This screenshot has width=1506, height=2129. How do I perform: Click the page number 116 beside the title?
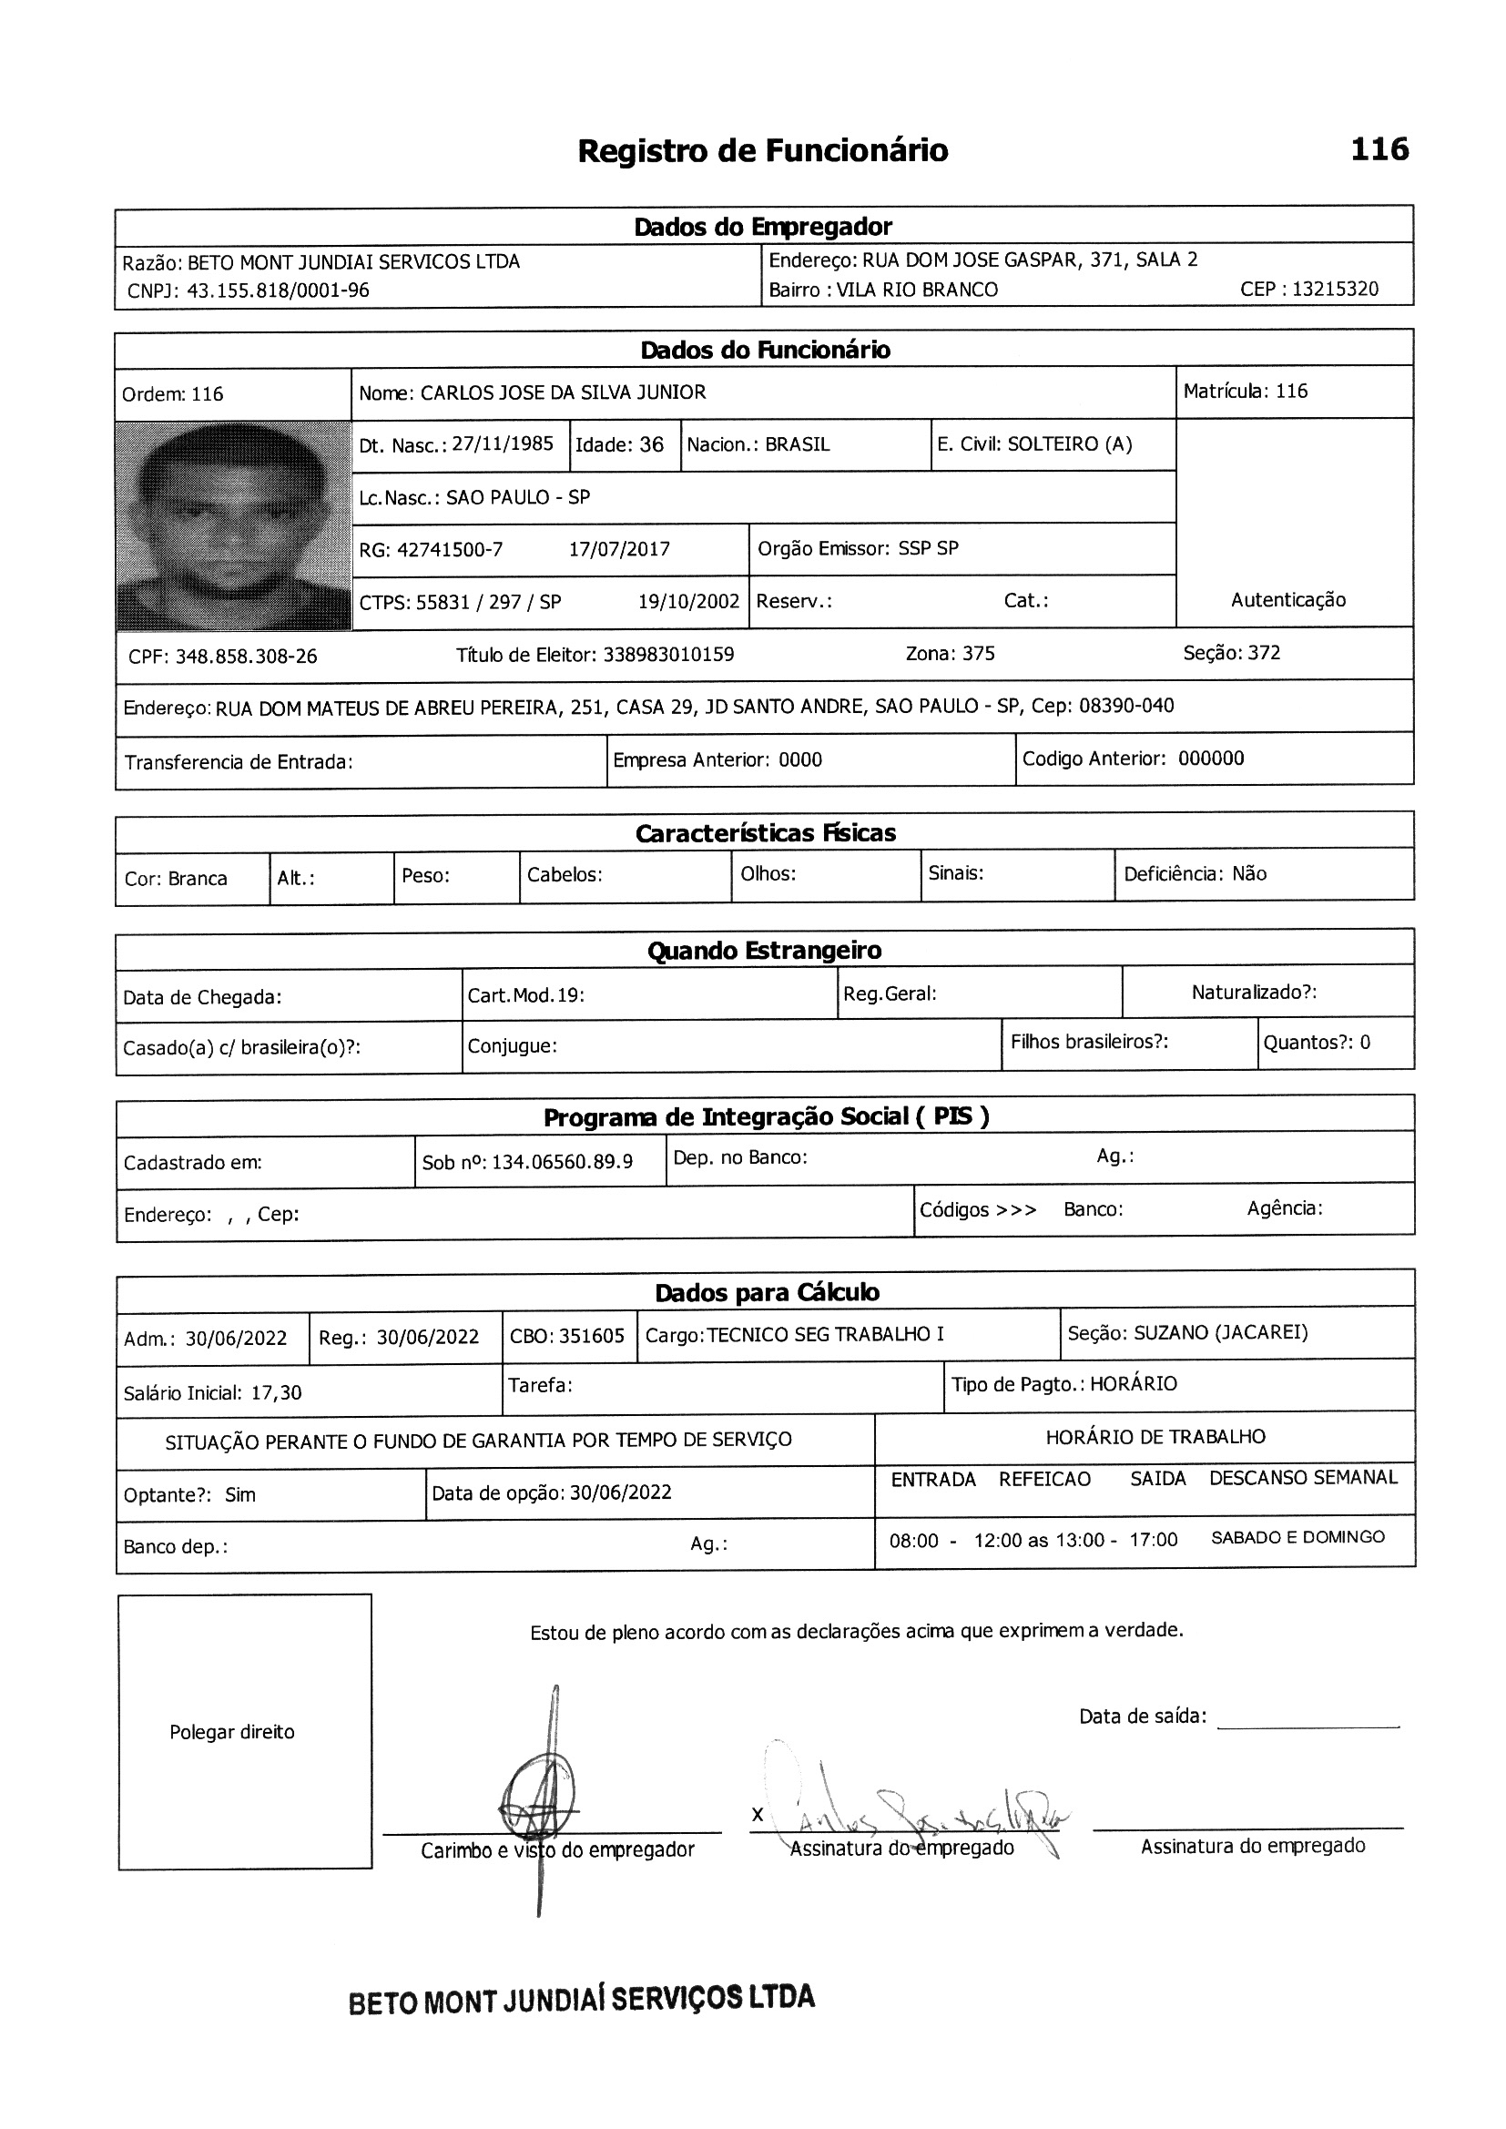point(1379,149)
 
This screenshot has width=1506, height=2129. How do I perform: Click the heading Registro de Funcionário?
point(762,151)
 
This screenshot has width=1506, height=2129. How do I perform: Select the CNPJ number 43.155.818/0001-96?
point(278,291)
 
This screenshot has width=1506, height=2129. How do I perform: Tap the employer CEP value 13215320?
point(1335,290)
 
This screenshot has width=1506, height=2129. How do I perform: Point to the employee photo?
point(234,525)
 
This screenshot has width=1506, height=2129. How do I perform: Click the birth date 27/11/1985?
point(502,444)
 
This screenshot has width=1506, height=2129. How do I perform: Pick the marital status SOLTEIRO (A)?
point(1069,444)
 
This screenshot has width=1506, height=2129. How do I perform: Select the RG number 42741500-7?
point(450,550)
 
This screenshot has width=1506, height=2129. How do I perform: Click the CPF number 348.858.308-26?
point(246,657)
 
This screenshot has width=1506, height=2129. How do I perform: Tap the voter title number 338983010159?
point(667,655)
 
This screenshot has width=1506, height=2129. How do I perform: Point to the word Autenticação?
point(1288,600)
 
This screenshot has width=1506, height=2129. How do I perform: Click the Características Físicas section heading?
point(765,832)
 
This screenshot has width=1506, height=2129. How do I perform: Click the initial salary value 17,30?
point(277,1392)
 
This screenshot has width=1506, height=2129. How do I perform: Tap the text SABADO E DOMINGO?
point(1297,1537)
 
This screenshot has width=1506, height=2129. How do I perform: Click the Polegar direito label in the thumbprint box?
point(232,1732)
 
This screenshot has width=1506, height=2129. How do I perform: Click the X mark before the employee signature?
point(758,1815)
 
